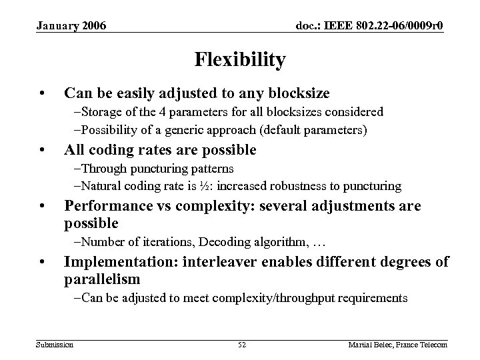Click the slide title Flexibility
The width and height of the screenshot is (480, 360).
point(240,61)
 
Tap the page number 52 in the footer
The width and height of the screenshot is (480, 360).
point(242,344)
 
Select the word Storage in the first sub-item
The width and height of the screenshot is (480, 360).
point(98,112)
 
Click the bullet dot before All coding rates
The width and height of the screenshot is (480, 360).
point(42,150)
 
